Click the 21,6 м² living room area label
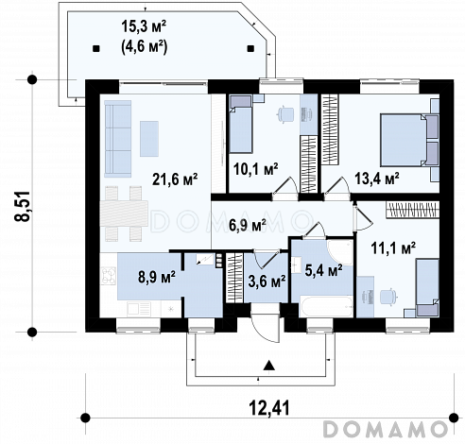175,179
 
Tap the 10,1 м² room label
255,169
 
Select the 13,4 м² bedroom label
377,179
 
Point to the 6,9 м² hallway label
248,225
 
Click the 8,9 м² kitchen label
157,277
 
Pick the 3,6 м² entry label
267,282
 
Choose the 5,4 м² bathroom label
324,270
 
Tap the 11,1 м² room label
393,248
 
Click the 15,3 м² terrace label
144,26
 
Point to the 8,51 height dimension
23,206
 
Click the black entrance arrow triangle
268,366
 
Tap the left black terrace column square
96,48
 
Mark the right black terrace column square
250,48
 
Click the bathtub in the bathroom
326,306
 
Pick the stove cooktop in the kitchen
109,276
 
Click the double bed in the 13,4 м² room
409,140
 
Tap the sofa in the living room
118,139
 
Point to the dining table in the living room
124,213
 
